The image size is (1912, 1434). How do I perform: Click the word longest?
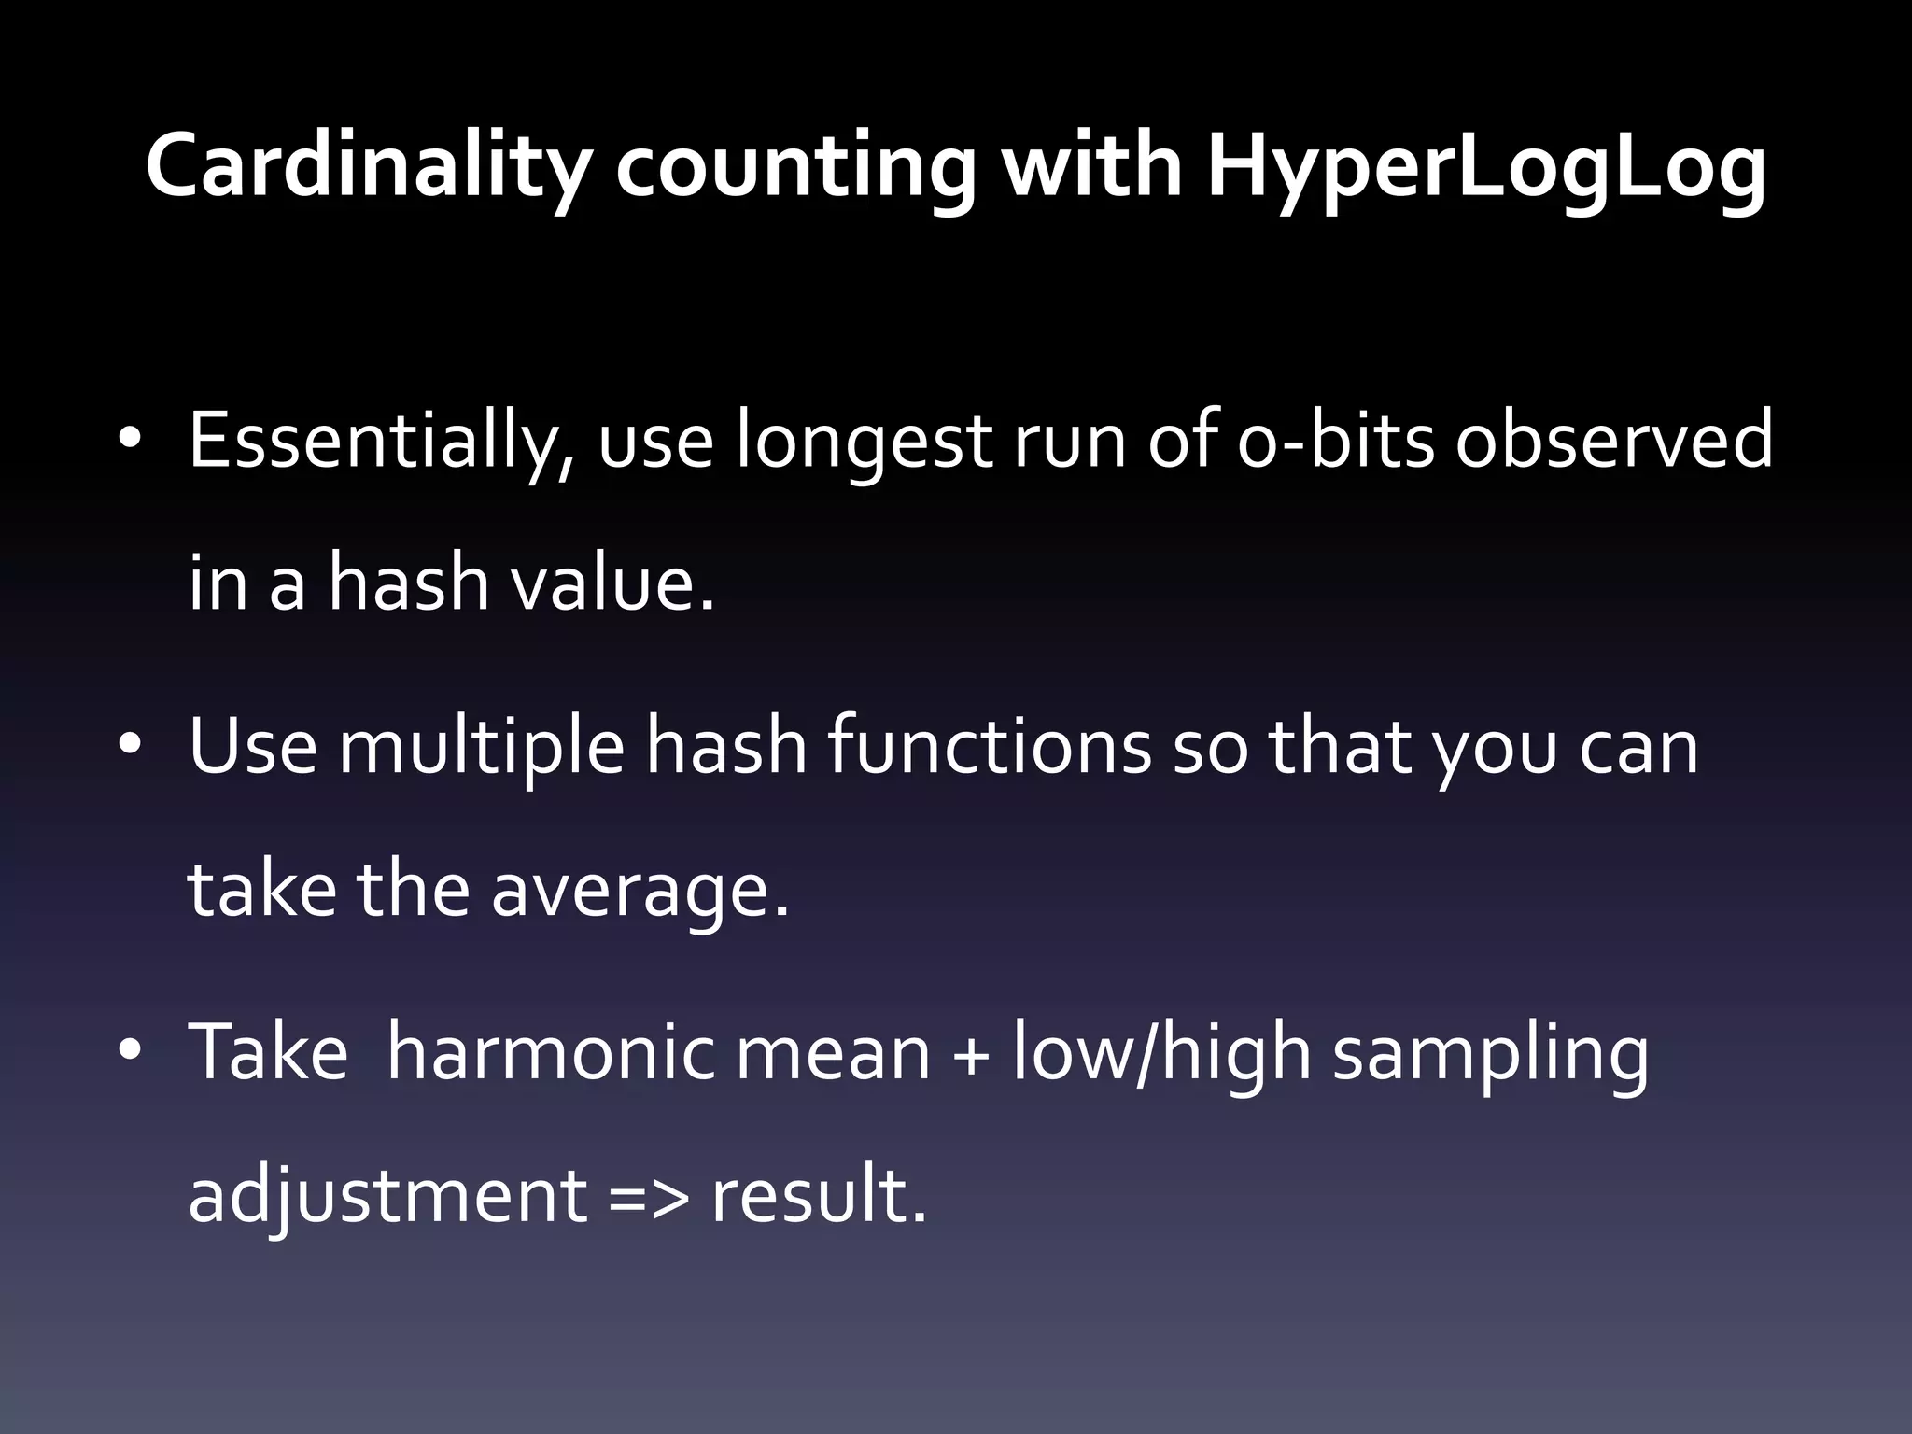863,441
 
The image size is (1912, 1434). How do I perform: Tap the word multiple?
481,747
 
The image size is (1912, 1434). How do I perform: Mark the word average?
640,889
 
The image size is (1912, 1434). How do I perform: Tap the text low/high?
1162,1051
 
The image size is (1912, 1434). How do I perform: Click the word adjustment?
387,1195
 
